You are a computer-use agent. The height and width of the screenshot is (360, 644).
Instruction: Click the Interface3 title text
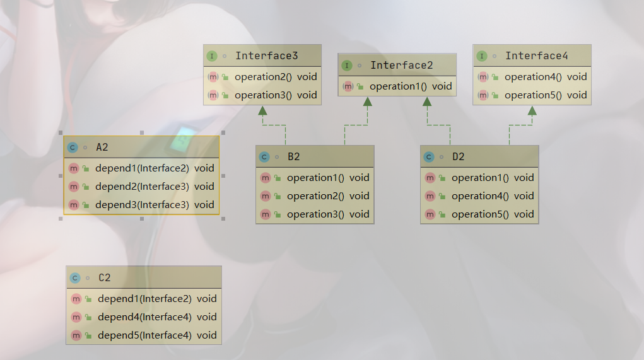click(x=266, y=56)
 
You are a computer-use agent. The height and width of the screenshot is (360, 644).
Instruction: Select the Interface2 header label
click(x=401, y=66)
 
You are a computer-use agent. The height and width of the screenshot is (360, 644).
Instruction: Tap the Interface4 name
click(x=536, y=56)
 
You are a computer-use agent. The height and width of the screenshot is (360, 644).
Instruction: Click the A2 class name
click(x=102, y=148)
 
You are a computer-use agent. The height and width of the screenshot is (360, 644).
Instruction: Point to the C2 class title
click(x=105, y=277)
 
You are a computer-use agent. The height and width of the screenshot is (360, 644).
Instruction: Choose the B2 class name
click(x=294, y=157)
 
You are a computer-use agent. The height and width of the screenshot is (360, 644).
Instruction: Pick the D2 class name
click(x=459, y=157)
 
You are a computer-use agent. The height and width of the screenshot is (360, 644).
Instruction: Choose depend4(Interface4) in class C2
click(x=144, y=317)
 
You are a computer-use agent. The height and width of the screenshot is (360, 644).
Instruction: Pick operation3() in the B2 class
click(x=315, y=214)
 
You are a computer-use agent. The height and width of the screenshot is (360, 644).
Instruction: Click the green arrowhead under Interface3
click(x=262, y=111)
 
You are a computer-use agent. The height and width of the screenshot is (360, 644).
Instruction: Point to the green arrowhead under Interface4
click(x=532, y=111)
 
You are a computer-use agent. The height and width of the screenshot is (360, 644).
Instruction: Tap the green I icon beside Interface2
click(x=346, y=66)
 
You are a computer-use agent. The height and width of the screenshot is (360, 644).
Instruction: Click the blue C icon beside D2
click(x=430, y=157)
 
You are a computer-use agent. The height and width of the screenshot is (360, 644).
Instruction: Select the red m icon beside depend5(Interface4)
click(x=76, y=335)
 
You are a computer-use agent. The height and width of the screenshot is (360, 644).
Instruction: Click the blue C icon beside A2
click(x=73, y=148)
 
